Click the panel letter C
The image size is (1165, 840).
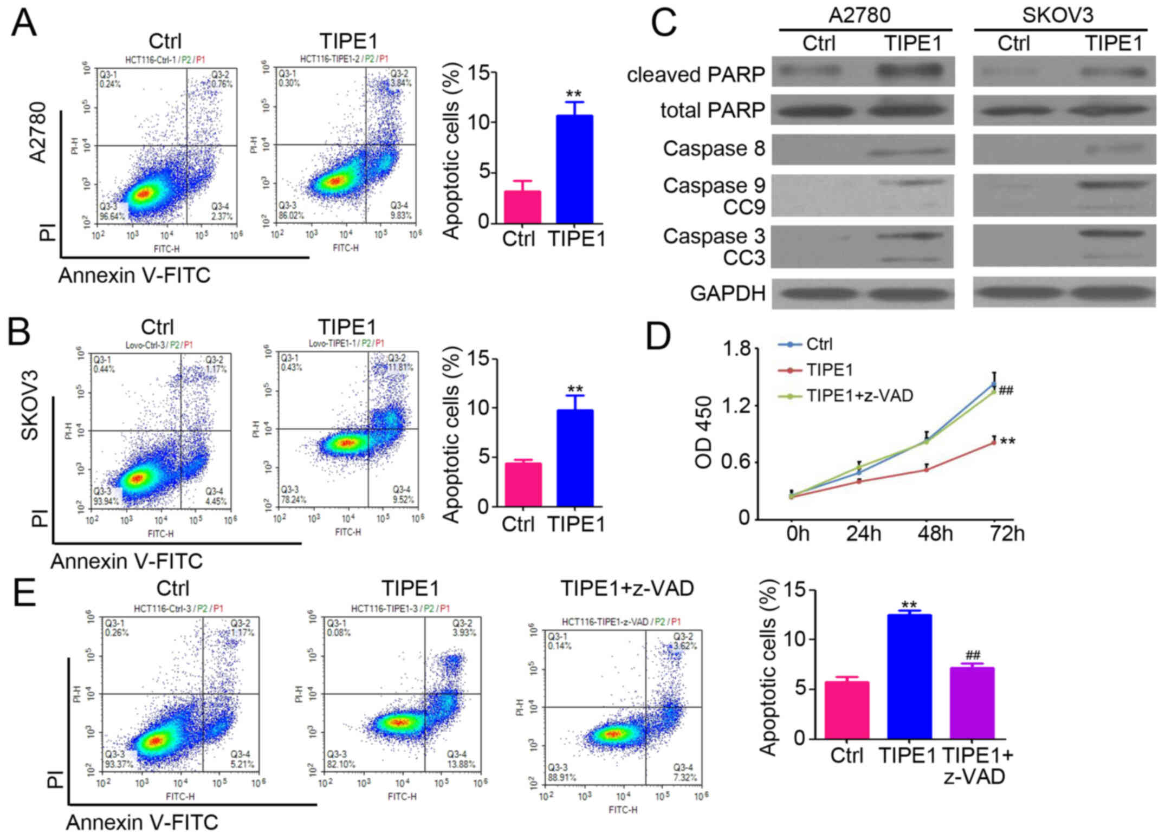[x=663, y=23]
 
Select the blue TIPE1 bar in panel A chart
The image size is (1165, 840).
[x=575, y=169]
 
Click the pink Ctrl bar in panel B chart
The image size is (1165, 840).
[x=523, y=484]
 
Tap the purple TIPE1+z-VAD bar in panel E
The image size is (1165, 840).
[x=973, y=702]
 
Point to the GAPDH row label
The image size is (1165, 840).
[x=727, y=293]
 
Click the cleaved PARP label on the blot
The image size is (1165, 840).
[x=696, y=74]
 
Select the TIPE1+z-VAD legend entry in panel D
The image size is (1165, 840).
[x=859, y=395]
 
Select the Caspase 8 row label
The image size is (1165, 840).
[x=714, y=148]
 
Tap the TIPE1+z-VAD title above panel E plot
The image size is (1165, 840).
[x=627, y=588]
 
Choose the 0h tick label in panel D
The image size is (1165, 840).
[x=798, y=534]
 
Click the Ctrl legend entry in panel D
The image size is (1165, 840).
[x=819, y=344]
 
